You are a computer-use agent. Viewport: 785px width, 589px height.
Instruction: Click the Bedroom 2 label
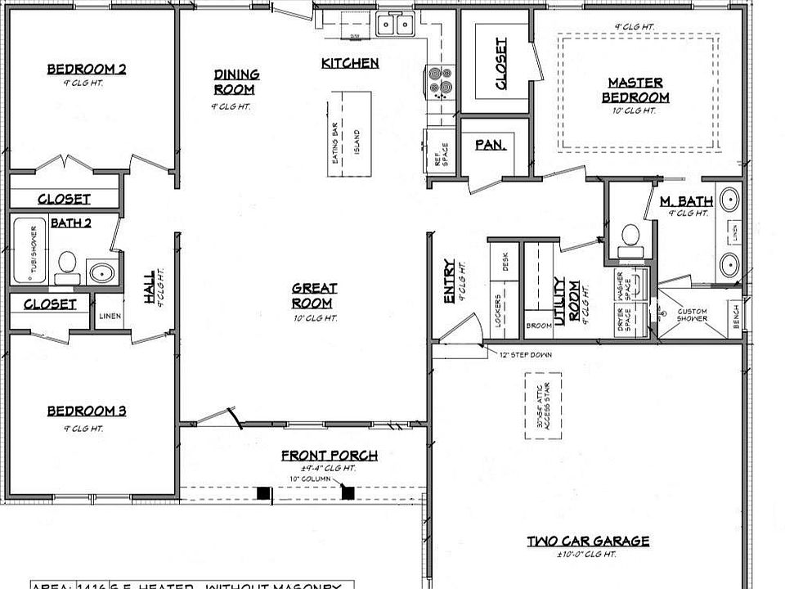tap(86, 70)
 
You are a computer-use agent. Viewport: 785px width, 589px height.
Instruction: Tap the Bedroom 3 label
tap(86, 411)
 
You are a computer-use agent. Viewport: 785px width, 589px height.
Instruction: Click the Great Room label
tap(315, 295)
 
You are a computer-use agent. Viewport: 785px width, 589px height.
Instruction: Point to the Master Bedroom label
tap(635, 90)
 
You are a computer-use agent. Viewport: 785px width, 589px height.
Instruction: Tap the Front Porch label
tap(329, 456)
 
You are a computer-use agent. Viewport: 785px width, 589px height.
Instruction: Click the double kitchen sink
tap(395, 25)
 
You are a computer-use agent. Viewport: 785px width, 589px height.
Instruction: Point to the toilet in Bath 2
tap(67, 265)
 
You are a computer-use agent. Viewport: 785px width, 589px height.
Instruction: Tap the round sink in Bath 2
tap(101, 272)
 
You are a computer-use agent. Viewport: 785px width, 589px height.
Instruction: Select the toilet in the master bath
tap(630, 236)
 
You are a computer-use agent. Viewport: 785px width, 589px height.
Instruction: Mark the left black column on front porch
tap(263, 492)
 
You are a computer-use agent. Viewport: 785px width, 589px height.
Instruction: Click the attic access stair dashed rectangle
tap(543, 407)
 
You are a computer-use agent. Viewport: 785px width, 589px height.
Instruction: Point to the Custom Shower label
tap(693, 315)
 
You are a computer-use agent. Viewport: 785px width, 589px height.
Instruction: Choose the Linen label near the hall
tap(110, 316)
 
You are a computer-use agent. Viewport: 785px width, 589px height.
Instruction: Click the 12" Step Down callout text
tap(525, 355)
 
